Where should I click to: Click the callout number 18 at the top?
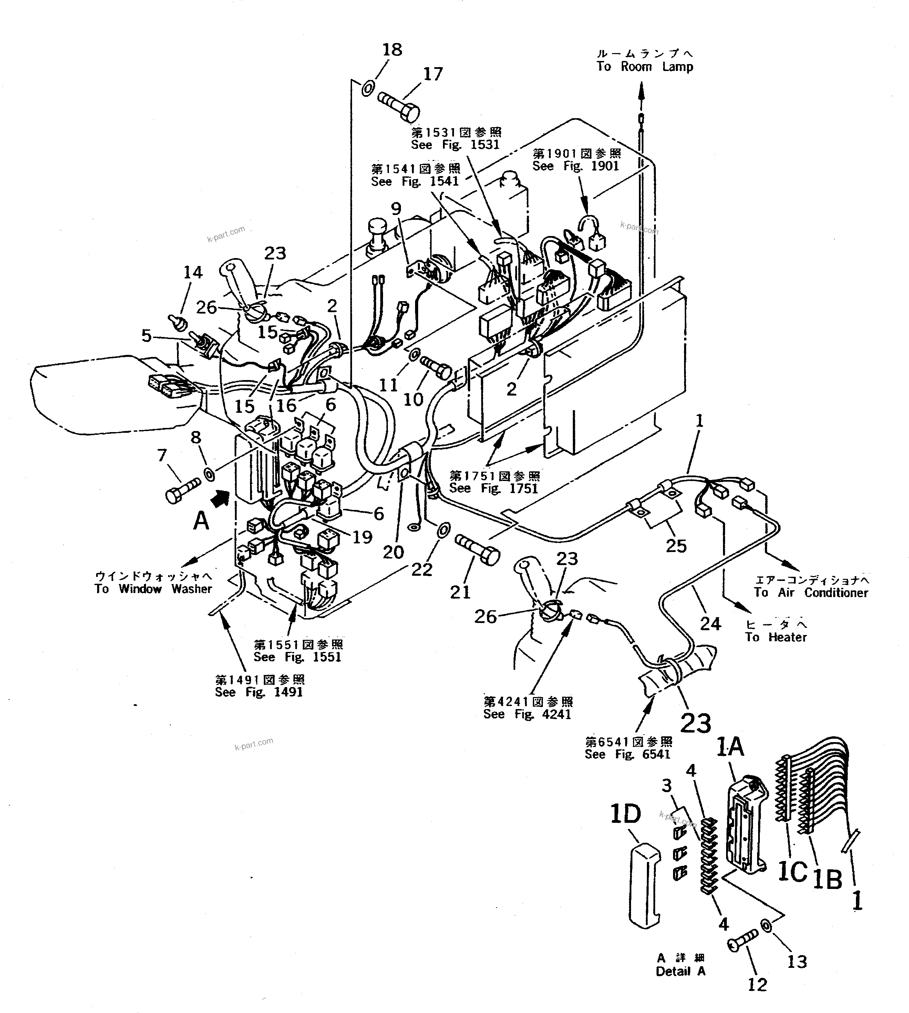point(392,50)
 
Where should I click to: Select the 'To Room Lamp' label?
point(645,67)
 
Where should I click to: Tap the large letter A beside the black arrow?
point(201,521)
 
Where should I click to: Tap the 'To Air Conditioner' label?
point(811,593)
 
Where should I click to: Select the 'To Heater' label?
point(776,637)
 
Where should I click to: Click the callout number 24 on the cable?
point(710,623)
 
